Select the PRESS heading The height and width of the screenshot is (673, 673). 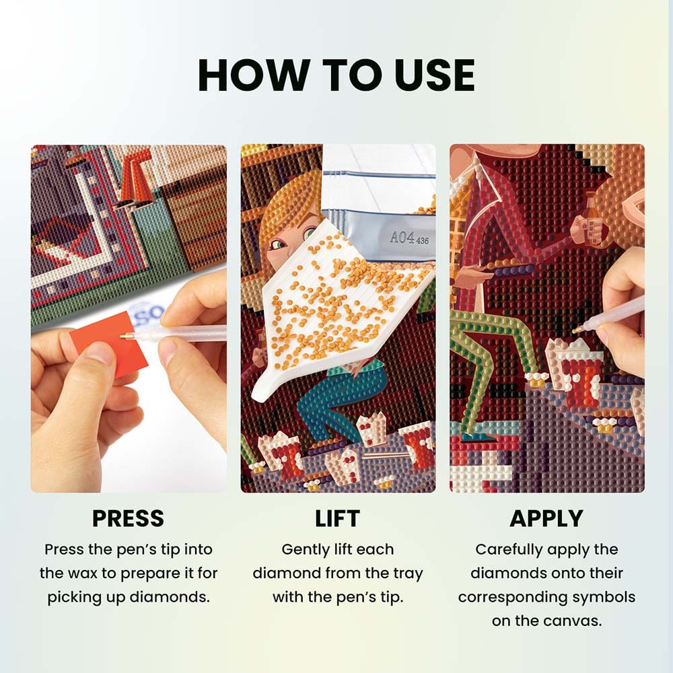coord(129,518)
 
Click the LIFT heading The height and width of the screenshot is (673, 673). coord(337,518)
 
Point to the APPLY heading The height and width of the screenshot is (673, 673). coord(546,518)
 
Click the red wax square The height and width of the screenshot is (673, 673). coord(110,342)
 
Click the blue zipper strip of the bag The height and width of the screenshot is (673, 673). coord(378,174)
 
